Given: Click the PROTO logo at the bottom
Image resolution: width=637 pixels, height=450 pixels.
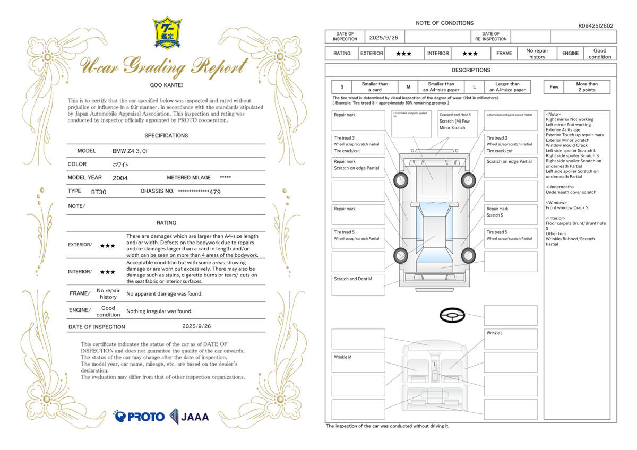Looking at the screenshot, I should (139, 417).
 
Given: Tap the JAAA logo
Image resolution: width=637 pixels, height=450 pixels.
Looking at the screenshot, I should (190, 417).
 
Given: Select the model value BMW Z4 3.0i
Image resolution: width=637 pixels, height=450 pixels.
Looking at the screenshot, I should (130, 151).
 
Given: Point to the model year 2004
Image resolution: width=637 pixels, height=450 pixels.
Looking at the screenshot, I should (120, 178).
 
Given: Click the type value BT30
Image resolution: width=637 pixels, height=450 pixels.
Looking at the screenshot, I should (99, 191).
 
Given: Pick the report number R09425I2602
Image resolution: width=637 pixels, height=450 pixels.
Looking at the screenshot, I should (596, 25).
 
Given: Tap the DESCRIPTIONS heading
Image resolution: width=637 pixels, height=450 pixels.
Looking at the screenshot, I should (471, 70).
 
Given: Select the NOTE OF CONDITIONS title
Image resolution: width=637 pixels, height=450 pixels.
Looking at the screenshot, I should (444, 23).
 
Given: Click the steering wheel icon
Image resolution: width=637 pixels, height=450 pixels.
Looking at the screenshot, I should (452, 316).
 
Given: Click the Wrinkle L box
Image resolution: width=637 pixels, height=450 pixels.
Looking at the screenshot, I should (510, 339).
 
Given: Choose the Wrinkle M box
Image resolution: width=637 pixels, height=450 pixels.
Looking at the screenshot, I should (358, 362).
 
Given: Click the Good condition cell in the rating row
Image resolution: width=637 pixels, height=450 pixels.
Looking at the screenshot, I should (600, 54).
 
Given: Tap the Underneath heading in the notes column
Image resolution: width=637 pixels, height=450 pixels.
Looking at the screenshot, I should (560, 187).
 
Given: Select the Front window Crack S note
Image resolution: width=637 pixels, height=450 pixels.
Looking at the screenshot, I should (567, 207).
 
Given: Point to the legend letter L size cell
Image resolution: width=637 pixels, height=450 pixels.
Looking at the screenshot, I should (474, 87).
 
